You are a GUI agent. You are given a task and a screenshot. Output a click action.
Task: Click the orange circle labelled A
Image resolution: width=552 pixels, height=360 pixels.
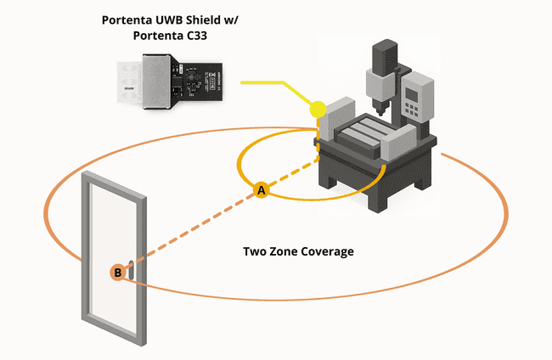pyautogui.click(x=262, y=191)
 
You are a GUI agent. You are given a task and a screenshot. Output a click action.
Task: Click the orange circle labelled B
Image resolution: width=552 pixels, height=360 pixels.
pyautogui.click(x=117, y=273)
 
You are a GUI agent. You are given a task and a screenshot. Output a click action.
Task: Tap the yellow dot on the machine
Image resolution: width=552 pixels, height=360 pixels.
pyautogui.click(x=318, y=109)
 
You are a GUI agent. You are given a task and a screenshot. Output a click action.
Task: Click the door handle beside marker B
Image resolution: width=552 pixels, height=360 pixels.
pyautogui.click(x=128, y=270)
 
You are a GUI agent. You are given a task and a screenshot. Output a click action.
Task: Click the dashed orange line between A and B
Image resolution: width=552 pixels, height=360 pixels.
pyautogui.click(x=191, y=231)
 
